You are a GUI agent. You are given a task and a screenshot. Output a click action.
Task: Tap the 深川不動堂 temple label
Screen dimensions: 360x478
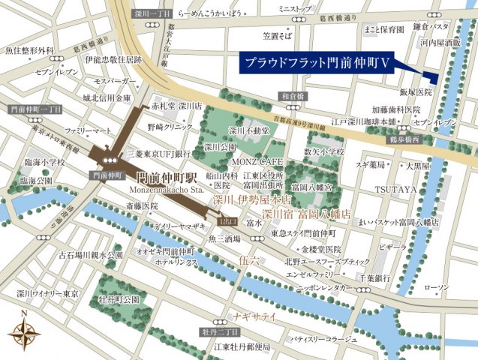[248, 130]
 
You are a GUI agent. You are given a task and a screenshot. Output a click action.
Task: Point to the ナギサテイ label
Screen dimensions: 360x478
[255, 317]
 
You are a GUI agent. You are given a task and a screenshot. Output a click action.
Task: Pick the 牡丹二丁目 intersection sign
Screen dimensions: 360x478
[219, 331]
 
